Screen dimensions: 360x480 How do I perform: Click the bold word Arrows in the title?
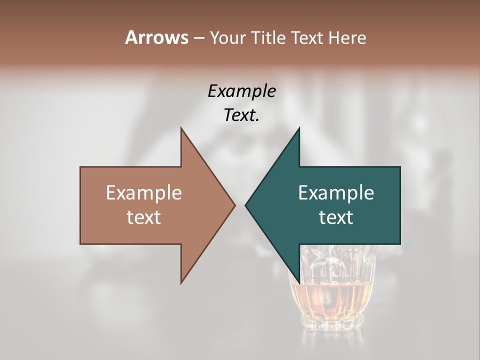(x=156, y=37)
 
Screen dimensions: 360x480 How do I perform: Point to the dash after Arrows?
(x=198, y=38)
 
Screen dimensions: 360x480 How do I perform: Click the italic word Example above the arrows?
(x=241, y=91)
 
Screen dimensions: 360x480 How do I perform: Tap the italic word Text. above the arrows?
(x=241, y=115)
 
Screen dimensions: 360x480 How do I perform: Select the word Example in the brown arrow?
(x=144, y=192)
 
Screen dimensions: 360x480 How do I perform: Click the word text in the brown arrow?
(x=144, y=217)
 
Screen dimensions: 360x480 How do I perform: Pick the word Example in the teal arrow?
(x=336, y=192)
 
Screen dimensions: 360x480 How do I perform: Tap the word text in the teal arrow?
(x=336, y=217)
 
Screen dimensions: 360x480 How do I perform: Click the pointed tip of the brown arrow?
(x=235, y=205)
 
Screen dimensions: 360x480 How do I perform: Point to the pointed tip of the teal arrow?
(x=245, y=205)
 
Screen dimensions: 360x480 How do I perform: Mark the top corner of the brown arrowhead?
(x=181, y=128)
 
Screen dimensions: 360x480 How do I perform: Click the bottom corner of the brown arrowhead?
(x=181, y=283)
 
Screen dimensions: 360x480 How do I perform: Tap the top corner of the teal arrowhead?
(x=299, y=128)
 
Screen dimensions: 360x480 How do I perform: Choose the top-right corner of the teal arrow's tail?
(x=399, y=167)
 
